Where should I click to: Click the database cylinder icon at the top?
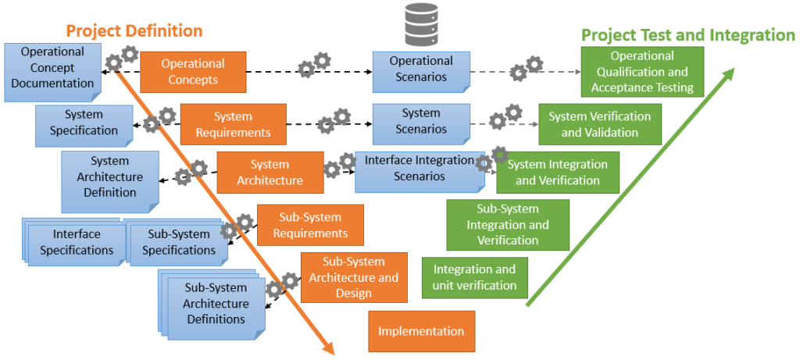tap(421, 24)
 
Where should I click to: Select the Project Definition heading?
tap(134, 31)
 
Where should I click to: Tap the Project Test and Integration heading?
tap(687, 35)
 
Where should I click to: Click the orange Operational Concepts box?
tap(193, 72)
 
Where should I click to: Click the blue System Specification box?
tap(84, 123)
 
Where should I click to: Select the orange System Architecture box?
tap(270, 173)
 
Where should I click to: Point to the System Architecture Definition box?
tap(110, 177)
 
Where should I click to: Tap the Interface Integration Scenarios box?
tap(420, 169)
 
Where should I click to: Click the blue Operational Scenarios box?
tap(421, 69)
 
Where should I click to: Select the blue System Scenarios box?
tap(421, 121)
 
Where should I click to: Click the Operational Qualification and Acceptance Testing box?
tap(642, 72)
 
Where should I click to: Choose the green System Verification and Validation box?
tap(599, 124)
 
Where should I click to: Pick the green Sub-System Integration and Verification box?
tap(508, 225)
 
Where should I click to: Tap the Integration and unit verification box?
tap(474, 278)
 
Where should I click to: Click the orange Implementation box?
tap(421, 331)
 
